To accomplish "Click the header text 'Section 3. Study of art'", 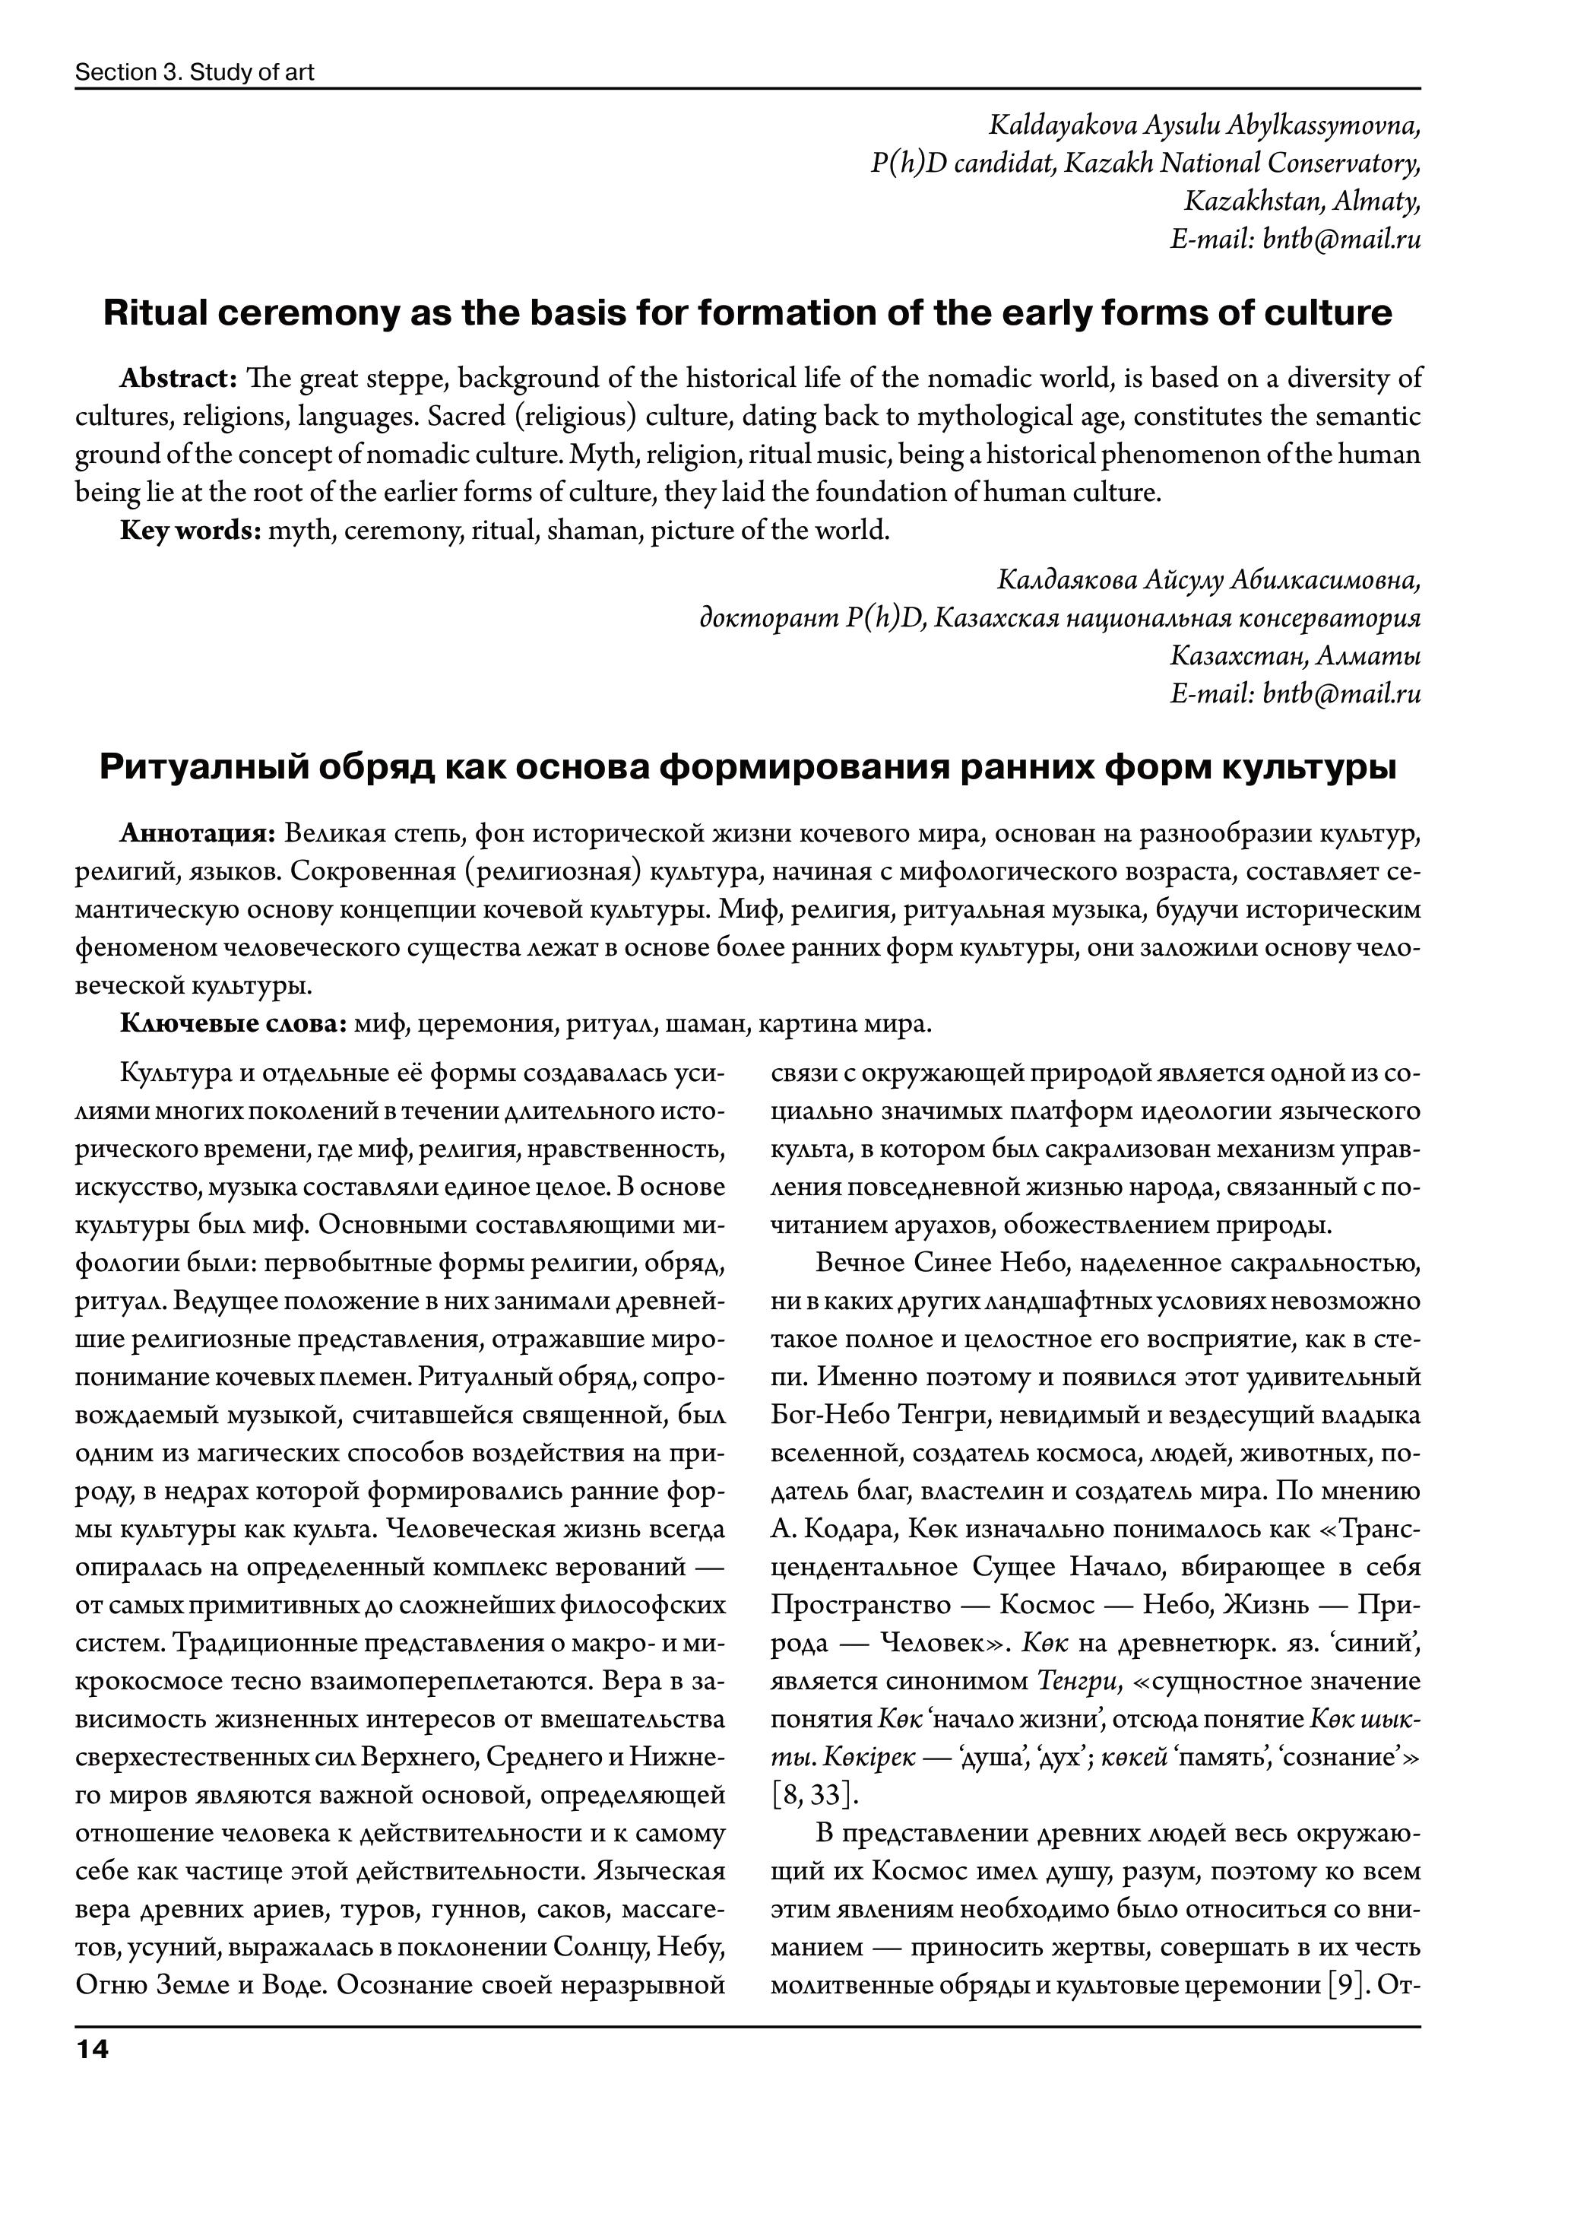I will coord(195,73).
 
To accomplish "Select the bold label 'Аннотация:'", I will coord(198,833).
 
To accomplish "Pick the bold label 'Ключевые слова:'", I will coord(233,1023).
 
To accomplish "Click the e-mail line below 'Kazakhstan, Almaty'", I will coord(1295,239).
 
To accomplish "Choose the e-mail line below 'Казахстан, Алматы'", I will coord(1295,693).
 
